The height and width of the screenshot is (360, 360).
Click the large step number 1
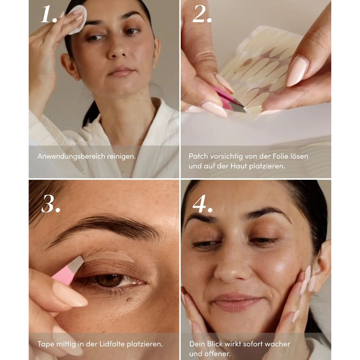tap(49, 14)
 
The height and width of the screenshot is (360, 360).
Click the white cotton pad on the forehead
tap(78, 19)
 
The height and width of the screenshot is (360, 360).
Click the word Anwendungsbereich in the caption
tap(71, 156)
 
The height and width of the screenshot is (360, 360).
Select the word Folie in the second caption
tap(280, 156)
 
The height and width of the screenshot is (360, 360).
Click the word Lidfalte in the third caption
tap(112, 344)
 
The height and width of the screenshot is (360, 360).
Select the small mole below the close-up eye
tap(129, 300)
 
